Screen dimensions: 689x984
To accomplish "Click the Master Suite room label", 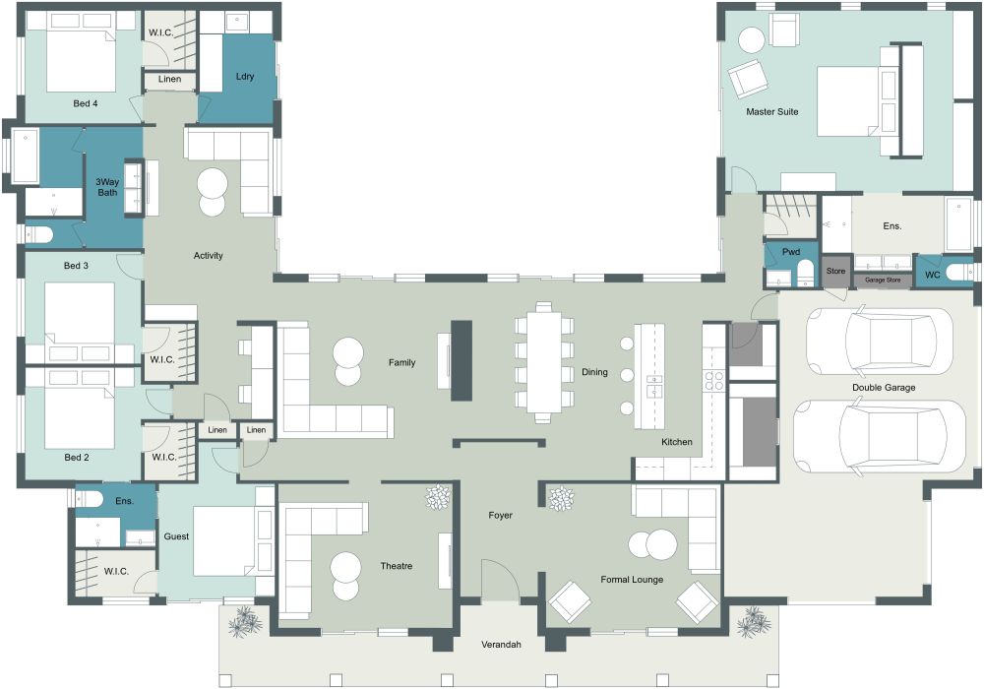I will pos(771,112).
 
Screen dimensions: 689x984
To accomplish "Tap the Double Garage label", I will pos(884,388).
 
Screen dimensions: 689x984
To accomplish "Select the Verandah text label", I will pos(501,646).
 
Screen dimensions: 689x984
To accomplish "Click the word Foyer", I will pos(500,516).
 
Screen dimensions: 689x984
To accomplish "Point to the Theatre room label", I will pos(396,566).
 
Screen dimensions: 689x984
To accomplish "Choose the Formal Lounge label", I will pos(632,580).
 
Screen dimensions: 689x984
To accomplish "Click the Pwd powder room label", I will pos(790,252).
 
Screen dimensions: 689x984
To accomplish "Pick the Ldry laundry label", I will pos(246,77).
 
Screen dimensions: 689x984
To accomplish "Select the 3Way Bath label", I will pos(107,187).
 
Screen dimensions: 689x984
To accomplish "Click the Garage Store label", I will pos(882,281).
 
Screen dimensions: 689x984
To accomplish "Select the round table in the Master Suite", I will pos(751,40).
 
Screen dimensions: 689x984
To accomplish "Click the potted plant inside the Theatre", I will pos(436,499).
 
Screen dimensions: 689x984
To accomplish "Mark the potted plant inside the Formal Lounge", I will pos(560,499).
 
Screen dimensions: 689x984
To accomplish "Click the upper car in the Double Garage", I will pos(879,340).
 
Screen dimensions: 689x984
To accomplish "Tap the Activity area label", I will pos(209,256).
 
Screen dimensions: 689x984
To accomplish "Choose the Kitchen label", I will pos(676,442).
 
